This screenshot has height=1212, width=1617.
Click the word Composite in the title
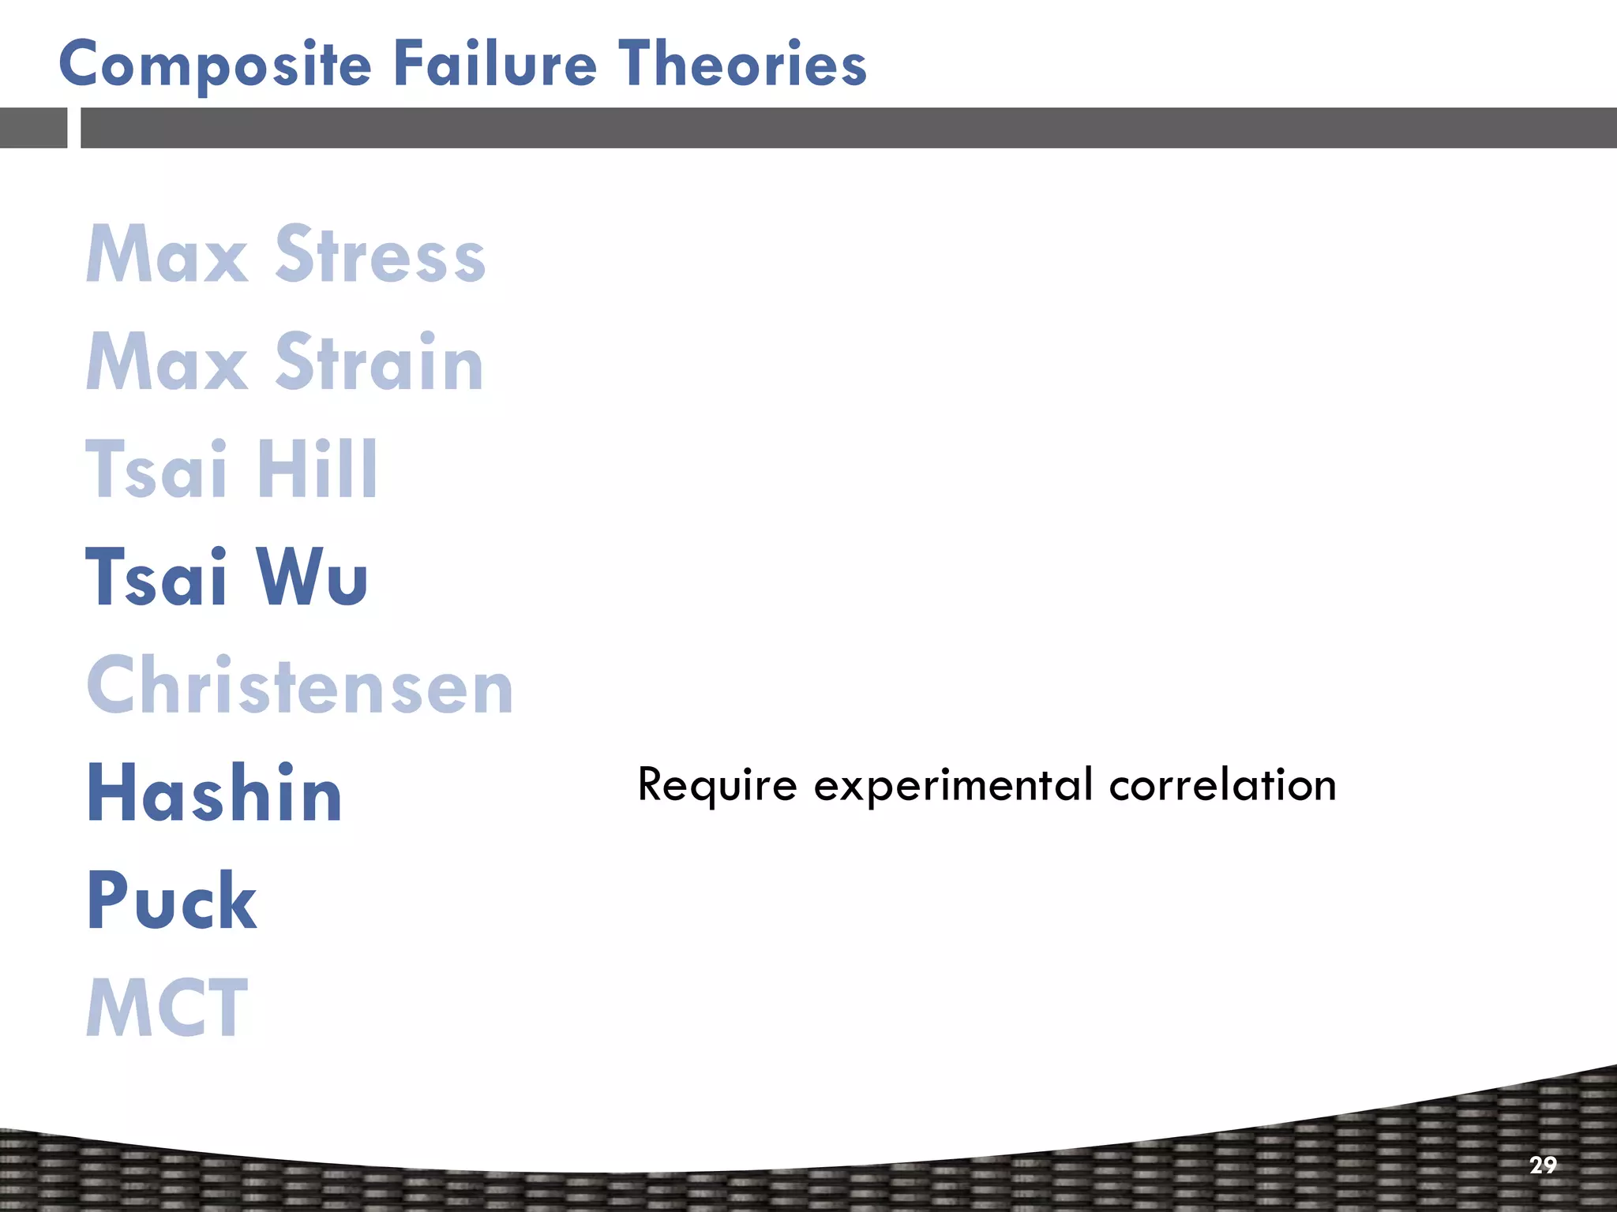coord(215,65)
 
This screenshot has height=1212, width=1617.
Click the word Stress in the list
coord(380,254)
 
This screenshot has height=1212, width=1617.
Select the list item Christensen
coord(300,686)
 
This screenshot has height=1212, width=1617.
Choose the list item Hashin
coord(214,793)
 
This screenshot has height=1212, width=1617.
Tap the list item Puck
coord(171,900)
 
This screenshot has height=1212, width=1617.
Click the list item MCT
coord(167,1008)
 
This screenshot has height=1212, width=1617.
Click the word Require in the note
coord(717,786)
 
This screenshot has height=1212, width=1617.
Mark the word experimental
coord(953,786)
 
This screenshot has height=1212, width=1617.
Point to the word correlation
coord(1222,785)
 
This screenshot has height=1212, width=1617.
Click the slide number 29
coord(1543,1165)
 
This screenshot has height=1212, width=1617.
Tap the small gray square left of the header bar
coord(33,128)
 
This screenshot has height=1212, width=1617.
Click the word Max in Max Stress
coord(167,254)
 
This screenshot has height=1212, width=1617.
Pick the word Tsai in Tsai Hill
coord(156,469)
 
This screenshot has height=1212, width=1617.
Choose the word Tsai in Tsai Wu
coord(156,577)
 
